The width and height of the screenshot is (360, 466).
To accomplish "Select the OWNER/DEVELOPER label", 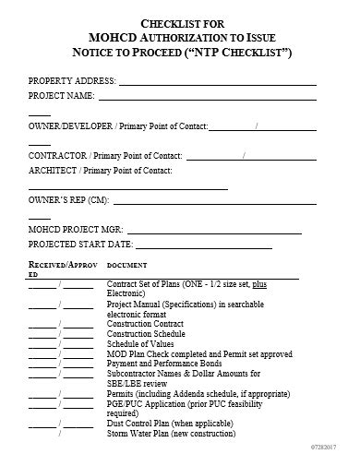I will point(69,124).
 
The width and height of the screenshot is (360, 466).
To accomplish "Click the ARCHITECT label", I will point(54,171).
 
